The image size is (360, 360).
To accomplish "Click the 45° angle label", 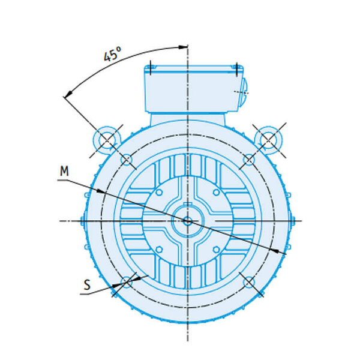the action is click(x=112, y=54).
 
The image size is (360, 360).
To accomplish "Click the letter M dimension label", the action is click(x=64, y=171).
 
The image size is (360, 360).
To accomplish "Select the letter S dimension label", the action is click(x=87, y=285).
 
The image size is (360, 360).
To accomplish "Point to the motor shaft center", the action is click(x=188, y=221).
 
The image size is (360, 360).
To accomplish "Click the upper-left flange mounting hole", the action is click(x=127, y=158).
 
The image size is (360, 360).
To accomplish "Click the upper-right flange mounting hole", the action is click(x=249, y=159).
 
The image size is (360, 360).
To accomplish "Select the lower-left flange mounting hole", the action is click(x=127, y=282).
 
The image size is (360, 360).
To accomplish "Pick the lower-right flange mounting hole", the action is click(x=249, y=282).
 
